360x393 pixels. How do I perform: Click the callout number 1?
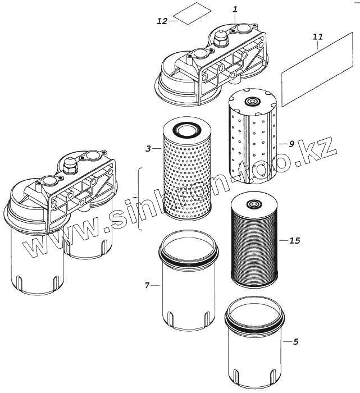(235, 10)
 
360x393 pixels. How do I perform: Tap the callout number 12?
(162, 21)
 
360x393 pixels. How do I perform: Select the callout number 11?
(318, 37)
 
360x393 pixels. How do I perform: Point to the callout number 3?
(148, 149)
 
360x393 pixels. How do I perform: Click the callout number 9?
(291, 144)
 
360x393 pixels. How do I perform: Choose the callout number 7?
(147, 285)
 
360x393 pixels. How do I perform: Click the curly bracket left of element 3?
(139, 199)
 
